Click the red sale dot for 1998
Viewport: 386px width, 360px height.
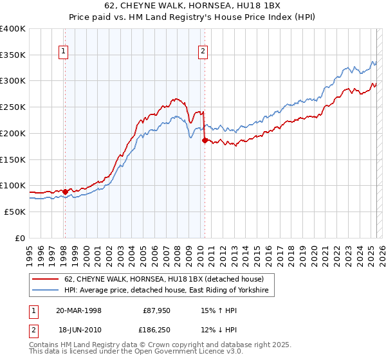coord(65,191)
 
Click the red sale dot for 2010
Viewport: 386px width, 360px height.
coord(205,140)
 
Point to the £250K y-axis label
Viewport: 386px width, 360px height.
coord(13,107)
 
